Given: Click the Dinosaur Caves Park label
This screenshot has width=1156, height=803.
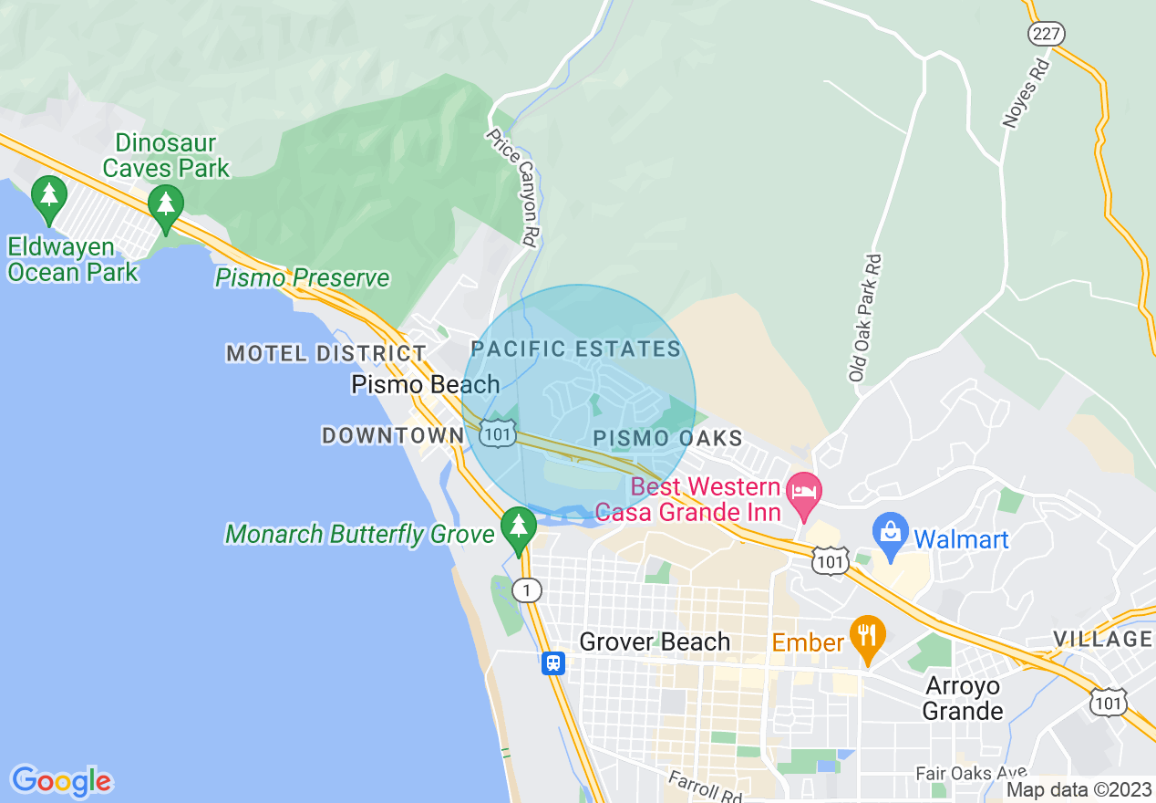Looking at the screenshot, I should pos(166,155).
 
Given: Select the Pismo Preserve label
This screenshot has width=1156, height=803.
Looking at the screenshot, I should pos(302,277).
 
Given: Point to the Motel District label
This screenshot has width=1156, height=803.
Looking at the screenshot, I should pos(325,353).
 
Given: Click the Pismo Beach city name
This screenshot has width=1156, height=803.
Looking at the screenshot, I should pos(426,384).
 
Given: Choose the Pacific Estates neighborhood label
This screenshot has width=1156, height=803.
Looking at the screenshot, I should pos(576,349).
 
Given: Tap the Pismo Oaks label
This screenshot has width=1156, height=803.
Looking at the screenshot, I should pos(668,439).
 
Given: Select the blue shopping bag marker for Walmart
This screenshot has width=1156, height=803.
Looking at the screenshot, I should pos(890,534).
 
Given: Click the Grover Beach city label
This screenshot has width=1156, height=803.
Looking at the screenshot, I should pos(655,641).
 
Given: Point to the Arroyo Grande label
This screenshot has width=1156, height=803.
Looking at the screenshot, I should pos(964,698).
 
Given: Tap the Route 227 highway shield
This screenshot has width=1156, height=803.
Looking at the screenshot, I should pos(1046,34).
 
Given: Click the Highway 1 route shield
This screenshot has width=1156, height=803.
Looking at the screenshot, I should pos(526,590).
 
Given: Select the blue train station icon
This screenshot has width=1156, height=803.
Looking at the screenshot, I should pos(552,663).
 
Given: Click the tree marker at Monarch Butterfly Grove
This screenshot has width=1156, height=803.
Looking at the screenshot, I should pos(519,527).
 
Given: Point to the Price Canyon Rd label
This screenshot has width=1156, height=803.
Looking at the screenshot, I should pos(511,186).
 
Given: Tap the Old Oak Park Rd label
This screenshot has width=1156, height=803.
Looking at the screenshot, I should pos(866,318).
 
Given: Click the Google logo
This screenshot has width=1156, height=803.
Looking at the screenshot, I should pos(61,781).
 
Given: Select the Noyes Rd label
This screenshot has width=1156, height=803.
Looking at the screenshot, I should pos(1027,94).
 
